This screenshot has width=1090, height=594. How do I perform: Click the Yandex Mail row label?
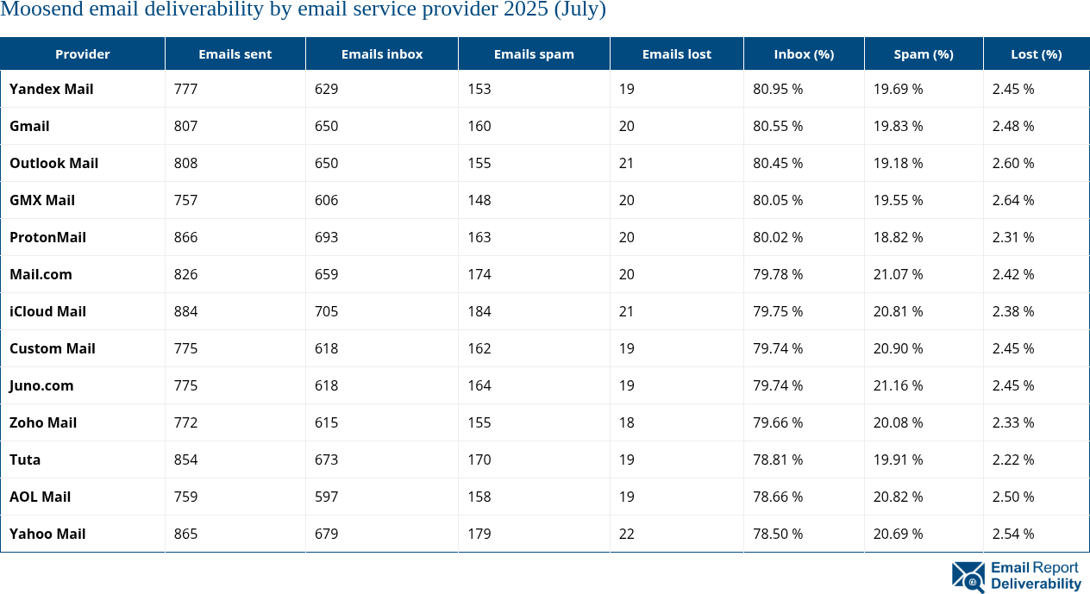point(52,89)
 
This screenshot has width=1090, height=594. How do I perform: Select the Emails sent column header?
point(235,53)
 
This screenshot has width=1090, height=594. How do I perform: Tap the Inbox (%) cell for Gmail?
point(778,126)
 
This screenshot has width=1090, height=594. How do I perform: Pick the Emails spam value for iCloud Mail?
point(479,311)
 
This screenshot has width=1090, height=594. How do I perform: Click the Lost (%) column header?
point(1036,53)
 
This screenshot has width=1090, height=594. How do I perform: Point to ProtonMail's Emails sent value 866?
point(185,237)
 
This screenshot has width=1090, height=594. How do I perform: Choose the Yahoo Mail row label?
point(47,534)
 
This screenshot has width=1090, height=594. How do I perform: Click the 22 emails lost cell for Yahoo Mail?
point(626,534)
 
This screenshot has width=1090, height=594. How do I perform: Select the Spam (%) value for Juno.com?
point(898,385)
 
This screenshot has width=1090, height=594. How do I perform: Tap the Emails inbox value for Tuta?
point(326,460)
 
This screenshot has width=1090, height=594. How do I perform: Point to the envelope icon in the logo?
point(968,577)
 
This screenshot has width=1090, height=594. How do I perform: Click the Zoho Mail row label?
point(43,422)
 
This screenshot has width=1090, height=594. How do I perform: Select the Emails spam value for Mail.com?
point(479,274)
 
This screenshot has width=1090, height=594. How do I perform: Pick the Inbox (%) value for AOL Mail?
point(778,497)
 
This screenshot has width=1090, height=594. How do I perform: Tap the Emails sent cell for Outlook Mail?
point(185,163)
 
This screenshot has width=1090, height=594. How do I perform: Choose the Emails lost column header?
point(676,53)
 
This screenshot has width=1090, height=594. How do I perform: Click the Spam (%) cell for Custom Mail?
point(898,348)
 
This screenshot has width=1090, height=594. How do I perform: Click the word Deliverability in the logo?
point(1036,585)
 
